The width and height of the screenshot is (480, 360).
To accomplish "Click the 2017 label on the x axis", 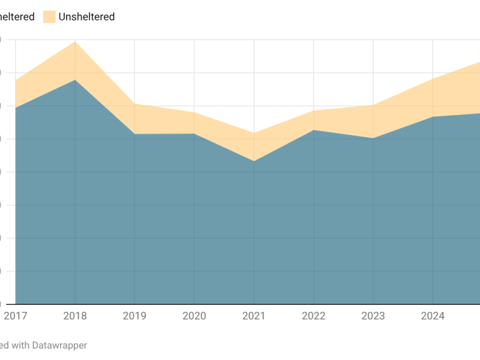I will coord(15,316).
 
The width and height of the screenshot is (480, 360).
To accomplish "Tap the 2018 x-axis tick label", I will coord(75,316).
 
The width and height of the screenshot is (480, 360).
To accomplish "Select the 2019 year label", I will coord(134,316).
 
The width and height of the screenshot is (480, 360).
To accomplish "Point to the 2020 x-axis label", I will coord(194,316).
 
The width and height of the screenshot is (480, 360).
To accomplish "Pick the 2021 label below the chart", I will coord(254,316).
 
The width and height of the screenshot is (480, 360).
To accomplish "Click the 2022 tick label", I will coord(313,316).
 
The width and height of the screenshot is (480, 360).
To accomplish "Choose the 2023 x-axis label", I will coord(373,316).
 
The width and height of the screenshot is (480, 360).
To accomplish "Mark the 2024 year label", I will coord(433,316).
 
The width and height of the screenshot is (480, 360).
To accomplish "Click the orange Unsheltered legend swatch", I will coord(49,17).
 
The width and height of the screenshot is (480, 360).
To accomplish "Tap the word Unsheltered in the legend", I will coord(86,17).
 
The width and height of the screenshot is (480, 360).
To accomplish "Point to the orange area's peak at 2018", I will coord(75,41).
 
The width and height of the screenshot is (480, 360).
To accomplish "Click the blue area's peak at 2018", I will coord(75,80).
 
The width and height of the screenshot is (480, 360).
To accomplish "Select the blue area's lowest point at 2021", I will coord(254,161).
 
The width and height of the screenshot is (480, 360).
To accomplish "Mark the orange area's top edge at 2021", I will coord(254,133).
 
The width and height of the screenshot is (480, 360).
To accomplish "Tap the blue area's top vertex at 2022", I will coord(313,130).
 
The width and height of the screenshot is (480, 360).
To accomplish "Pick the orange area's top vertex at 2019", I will coord(134,104).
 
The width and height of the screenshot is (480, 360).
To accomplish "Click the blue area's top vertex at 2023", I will coord(373,139).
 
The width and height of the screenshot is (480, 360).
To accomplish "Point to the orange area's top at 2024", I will coord(433,79).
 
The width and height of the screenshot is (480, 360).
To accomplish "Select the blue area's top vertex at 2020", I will coord(194,134).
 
